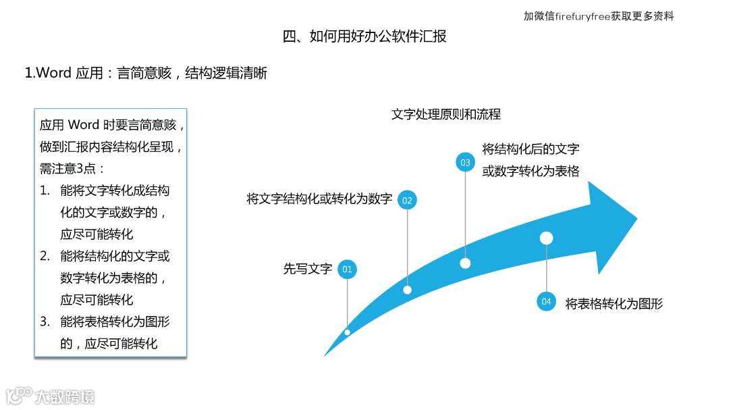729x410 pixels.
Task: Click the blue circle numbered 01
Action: pyautogui.click(x=347, y=270)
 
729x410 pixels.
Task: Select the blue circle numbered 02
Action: pyautogui.click(x=407, y=200)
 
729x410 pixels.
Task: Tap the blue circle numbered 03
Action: pyautogui.click(x=465, y=162)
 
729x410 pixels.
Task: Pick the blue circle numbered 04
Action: pyautogui.click(x=546, y=302)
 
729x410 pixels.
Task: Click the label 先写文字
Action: pyautogui.click(x=308, y=269)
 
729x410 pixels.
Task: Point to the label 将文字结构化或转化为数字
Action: pyautogui.click(x=319, y=199)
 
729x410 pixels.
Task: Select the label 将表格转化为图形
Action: pyautogui.click(x=614, y=303)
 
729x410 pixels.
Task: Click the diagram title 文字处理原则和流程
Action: pyautogui.click(x=446, y=114)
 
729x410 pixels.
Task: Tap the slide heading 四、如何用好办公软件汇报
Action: pyautogui.click(x=364, y=36)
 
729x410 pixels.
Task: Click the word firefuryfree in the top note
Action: pyautogui.click(x=583, y=16)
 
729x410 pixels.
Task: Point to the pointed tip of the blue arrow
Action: pyautogui.click(x=637, y=218)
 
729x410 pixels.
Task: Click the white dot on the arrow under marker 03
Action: pyautogui.click(x=465, y=263)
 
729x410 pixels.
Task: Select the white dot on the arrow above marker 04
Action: pyautogui.click(x=547, y=238)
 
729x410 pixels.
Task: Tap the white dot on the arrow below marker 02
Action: pyautogui.click(x=407, y=290)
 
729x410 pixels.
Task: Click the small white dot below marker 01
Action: pyautogui.click(x=347, y=332)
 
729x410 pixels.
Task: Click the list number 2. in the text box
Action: pyautogui.click(x=45, y=256)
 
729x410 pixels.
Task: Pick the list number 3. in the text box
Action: pyautogui.click(x=45, y=322)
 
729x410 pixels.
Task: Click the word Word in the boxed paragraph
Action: pyautogui.click(x=84, y=125)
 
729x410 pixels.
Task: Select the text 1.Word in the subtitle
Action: pyautogui.click(x=48, y=73)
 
